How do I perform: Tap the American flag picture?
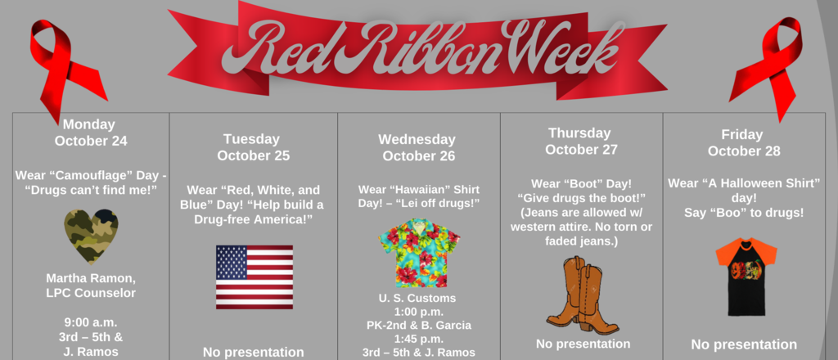pyautogui.click(x=255, y=277)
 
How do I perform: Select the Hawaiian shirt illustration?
pyautogui.click(x=420, y=253)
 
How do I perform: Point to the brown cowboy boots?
pyautogui.click(x=582, y=295)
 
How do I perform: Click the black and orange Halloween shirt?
pyautogui.click(x=746, y=277)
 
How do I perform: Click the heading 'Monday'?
pyautogui.click(x=88, y=124)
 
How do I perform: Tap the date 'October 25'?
pyautogui.click(x=254, y=155)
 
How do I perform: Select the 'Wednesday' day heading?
pyautogui.click(x=417, y=139)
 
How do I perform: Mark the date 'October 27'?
pyautogui.click(x=581, y=150)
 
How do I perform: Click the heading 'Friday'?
pyautogui.click(x=741, y=135)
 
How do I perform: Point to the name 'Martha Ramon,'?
pyautogui.click(x=90, y=278)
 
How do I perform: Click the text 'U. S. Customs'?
pyautogui.click(x=418, y=298)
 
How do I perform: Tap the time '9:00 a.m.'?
pyautogui.click(x=91, y=322)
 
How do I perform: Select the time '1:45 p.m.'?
pyautogui.click(x=418, y=339)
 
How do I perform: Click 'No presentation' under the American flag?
pyautogui.click(x=254, y=352)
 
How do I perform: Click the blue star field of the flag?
pyautogui.click(x=232, y=262)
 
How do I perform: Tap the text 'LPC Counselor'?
pyautogui.click(x=90, y=293)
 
